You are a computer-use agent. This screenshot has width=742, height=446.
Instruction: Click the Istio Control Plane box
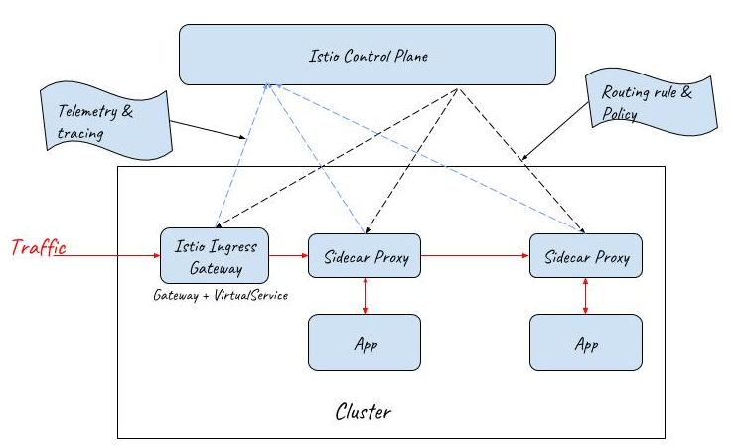click(x=368, y=55)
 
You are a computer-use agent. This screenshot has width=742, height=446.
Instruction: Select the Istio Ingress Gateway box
click(x=216, y=255)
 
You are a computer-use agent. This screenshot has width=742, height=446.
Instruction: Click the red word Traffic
click(x=39, y=248)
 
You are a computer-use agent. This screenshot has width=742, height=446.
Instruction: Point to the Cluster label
click(x=364, y=409)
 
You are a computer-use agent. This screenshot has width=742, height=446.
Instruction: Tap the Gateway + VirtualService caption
click(x=221, y=296)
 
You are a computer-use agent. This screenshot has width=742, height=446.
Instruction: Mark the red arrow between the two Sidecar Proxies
click(x=475, y=255)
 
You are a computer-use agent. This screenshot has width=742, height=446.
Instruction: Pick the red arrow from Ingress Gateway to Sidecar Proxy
click(x=289, y=255)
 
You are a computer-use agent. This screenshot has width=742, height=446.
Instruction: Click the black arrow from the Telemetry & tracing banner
click(x=209, y=130)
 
